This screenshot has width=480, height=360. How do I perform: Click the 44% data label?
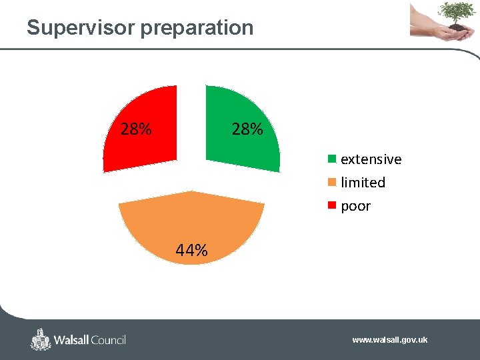(191, 251)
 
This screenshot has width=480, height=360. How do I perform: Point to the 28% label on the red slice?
(135, 129)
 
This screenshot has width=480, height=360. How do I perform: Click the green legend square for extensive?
(331, 159)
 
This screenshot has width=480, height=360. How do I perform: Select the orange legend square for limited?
(331, 183)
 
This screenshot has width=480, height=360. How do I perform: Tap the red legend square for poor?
(331, 206)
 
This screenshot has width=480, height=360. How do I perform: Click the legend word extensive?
(371, 159)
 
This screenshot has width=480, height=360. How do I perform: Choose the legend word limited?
(363, 183)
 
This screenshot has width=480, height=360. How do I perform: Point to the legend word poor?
(355, 206)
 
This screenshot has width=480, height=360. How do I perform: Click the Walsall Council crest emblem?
(41, 339)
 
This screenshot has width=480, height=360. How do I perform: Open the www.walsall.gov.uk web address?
(389, 340)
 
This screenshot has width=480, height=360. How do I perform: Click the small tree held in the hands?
(457, 12)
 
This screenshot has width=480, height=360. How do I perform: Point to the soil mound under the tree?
(456, 27)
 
